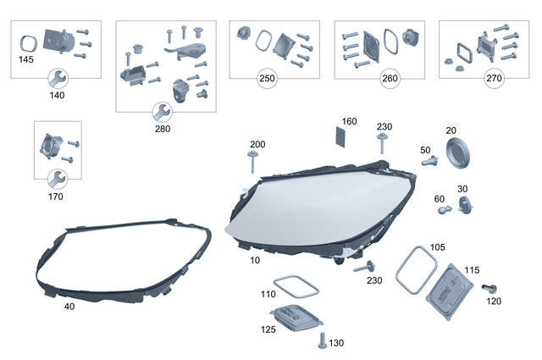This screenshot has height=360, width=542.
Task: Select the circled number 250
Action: tap(268, 79)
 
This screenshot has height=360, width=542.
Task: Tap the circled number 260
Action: tap(390, 79)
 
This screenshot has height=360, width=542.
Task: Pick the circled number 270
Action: tap(493, 79)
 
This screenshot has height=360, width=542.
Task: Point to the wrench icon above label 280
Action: tap(161, 111)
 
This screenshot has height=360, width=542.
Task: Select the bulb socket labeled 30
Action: tap(465, 202)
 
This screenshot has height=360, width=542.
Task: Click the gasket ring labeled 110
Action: tap(293, 286)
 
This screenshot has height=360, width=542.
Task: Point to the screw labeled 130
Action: tap(322, 341)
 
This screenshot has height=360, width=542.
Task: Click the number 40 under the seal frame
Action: tap(69, 306)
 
